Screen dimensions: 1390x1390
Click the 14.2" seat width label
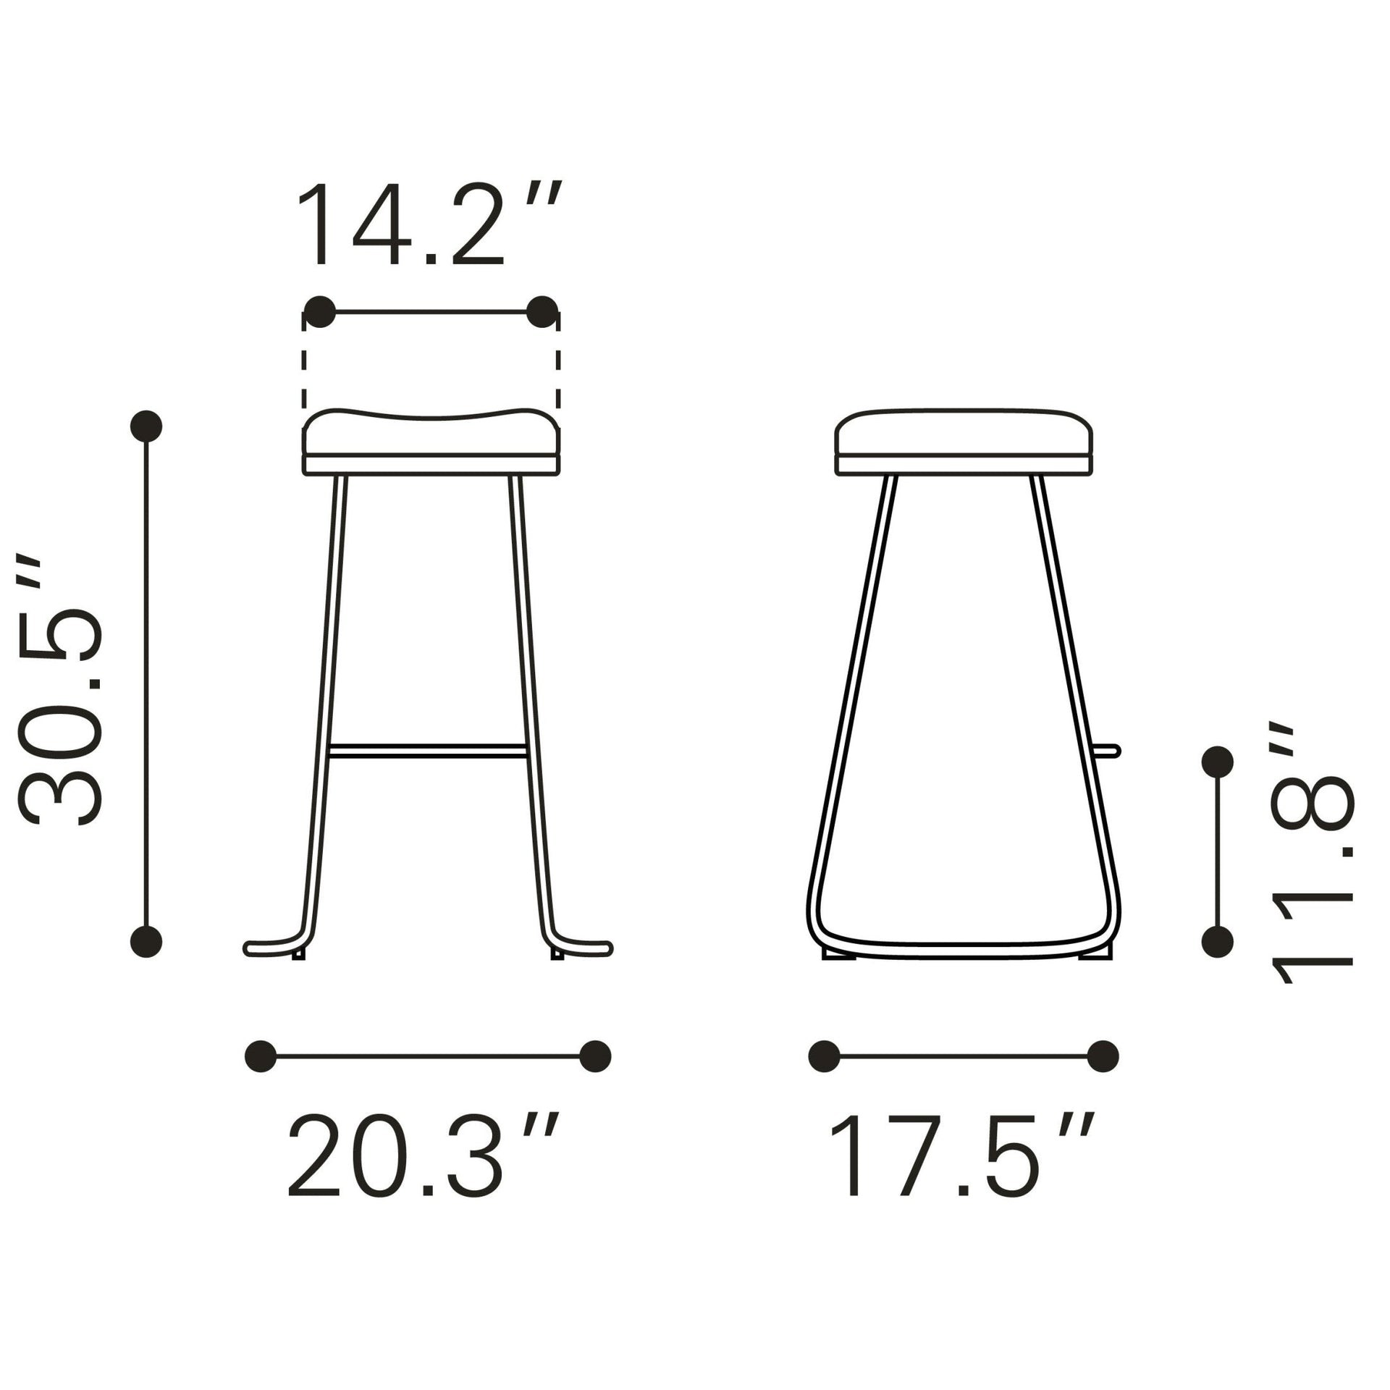point(427,226)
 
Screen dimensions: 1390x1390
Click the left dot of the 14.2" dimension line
point(320,312)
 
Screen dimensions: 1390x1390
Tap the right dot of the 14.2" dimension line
point(542,312)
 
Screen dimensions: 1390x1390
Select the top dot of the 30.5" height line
point(146,426)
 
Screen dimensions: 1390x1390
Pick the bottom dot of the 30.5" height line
point(146,942)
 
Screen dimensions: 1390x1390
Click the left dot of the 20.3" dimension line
point(261,1056)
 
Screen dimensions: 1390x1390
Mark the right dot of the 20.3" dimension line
point(595,1056)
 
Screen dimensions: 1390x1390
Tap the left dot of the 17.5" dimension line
point(823,1056)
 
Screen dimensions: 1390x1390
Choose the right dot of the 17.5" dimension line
point(1103,1056)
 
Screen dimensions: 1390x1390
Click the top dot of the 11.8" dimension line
point(1217,762)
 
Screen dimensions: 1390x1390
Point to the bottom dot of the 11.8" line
point(1217,942)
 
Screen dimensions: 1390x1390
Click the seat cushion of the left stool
point(431,437)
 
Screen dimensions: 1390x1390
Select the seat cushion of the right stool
point(964,434)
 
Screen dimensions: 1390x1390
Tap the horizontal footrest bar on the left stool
point(427,751)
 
